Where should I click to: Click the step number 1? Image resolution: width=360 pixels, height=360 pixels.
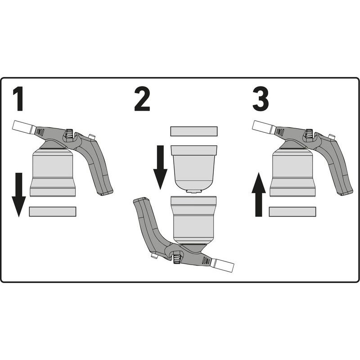coord(18,99)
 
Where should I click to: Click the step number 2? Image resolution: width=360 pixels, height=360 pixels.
coord(142,99)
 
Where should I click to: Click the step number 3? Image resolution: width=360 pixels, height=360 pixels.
coord(261,99)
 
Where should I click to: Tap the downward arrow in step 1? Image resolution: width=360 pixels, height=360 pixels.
coord(19,195)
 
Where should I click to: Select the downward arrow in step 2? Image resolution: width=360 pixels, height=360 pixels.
coord(160,167)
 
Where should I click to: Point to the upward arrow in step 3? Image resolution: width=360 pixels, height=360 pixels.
coord(259,194)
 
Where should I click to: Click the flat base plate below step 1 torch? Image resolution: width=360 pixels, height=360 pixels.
coord(53,211)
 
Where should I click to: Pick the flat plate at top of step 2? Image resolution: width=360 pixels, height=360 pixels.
coord(194,131)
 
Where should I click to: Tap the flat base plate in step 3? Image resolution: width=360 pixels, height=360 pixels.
coord(292,211)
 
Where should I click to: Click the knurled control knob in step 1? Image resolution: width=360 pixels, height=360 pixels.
coord(69,133)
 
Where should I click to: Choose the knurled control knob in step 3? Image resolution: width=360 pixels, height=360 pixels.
coord(309,133)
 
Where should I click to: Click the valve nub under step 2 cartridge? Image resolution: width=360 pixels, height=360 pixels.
coord(194,191)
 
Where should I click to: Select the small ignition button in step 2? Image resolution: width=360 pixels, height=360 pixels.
coord(154,256)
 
